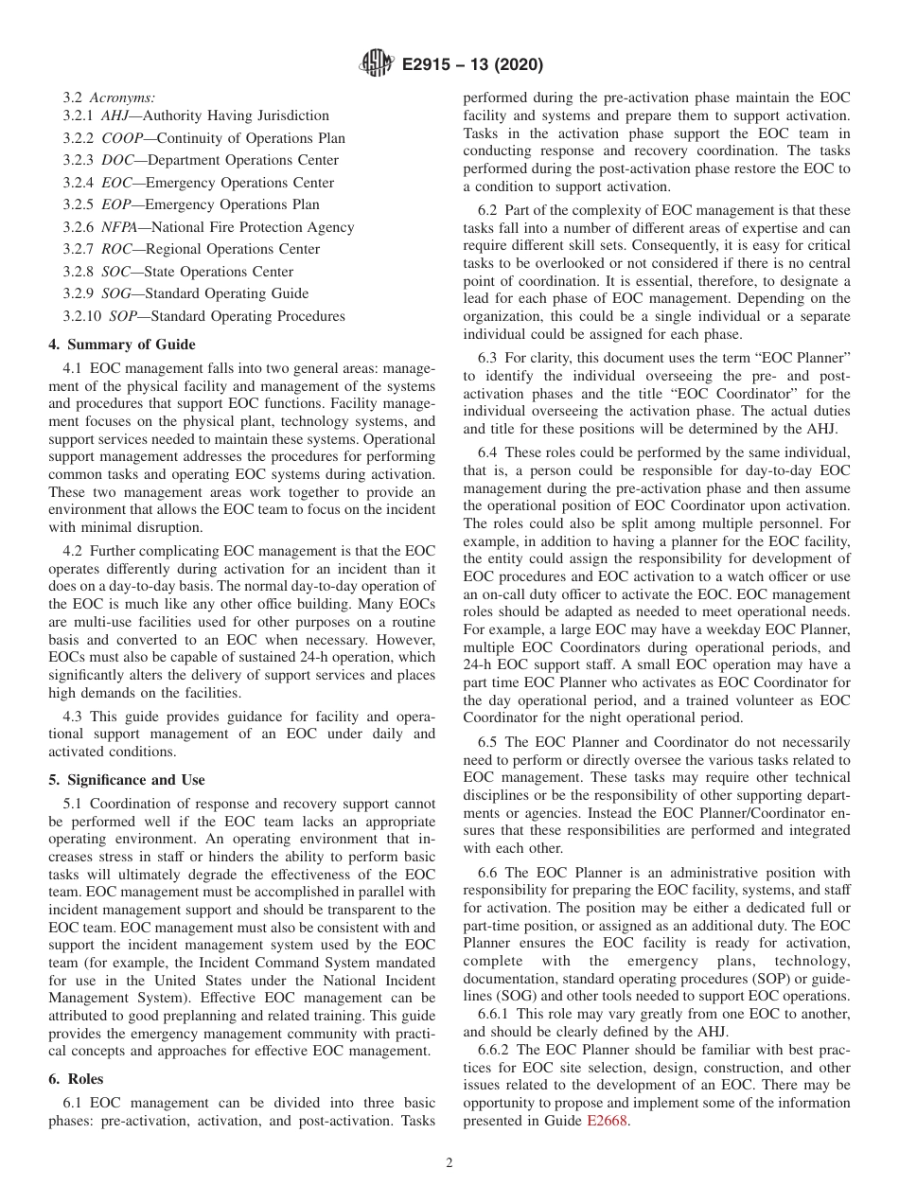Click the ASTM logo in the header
377,65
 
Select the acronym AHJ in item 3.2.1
117,115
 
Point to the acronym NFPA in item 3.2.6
122,227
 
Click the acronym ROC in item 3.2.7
118,249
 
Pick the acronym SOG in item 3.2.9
118,293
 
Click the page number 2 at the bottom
449,1163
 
